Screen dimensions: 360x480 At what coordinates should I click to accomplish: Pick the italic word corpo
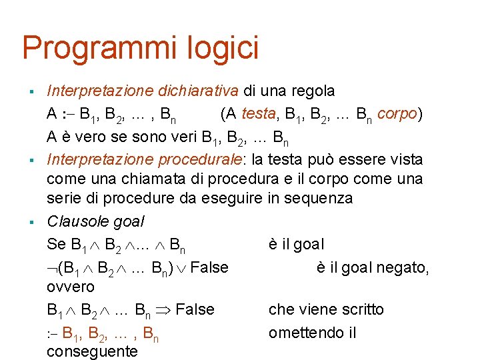point(397,114)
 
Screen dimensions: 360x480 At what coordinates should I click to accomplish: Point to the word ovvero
point(71,287)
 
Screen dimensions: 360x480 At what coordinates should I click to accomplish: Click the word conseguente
point(92,351)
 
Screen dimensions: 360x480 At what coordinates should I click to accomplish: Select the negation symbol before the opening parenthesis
point(52,268)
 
